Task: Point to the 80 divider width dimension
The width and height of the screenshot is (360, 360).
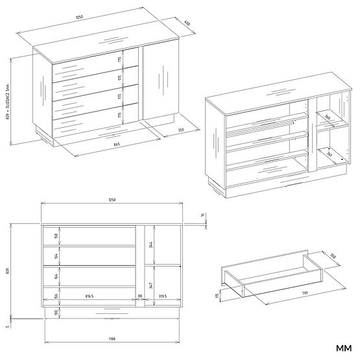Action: (141, 297)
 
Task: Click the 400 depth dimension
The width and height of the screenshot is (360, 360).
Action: (186, 23)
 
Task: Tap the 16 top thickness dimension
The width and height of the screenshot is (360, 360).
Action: (202, 215)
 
